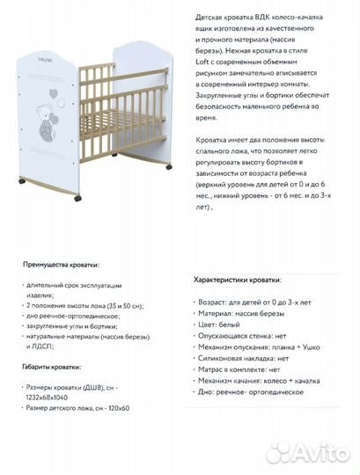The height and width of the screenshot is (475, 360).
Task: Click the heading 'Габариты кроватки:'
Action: tap(53, 366)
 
